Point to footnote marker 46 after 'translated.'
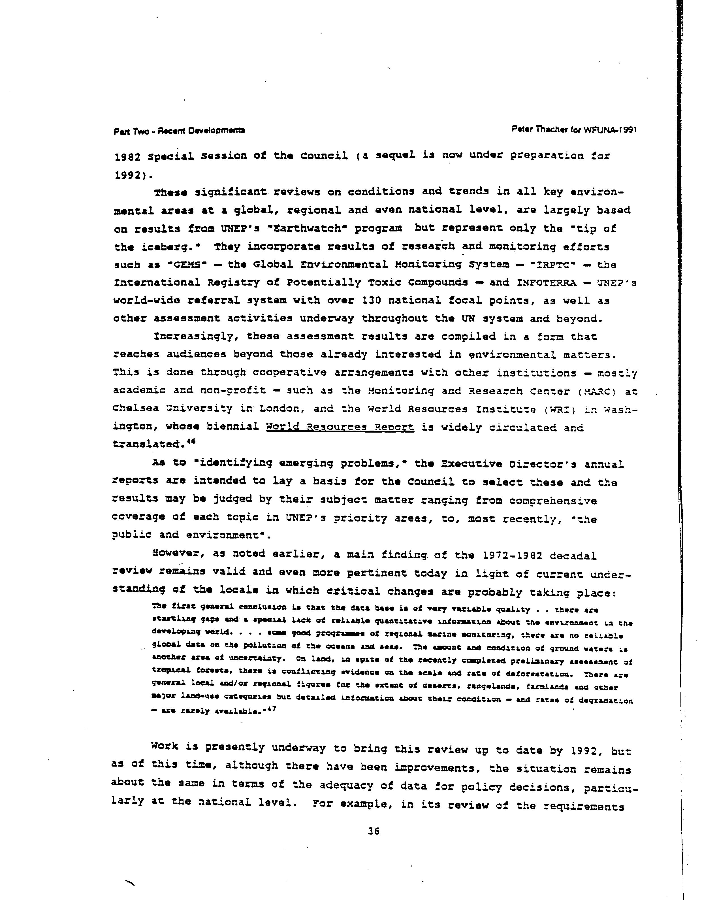tap(191, 441)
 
